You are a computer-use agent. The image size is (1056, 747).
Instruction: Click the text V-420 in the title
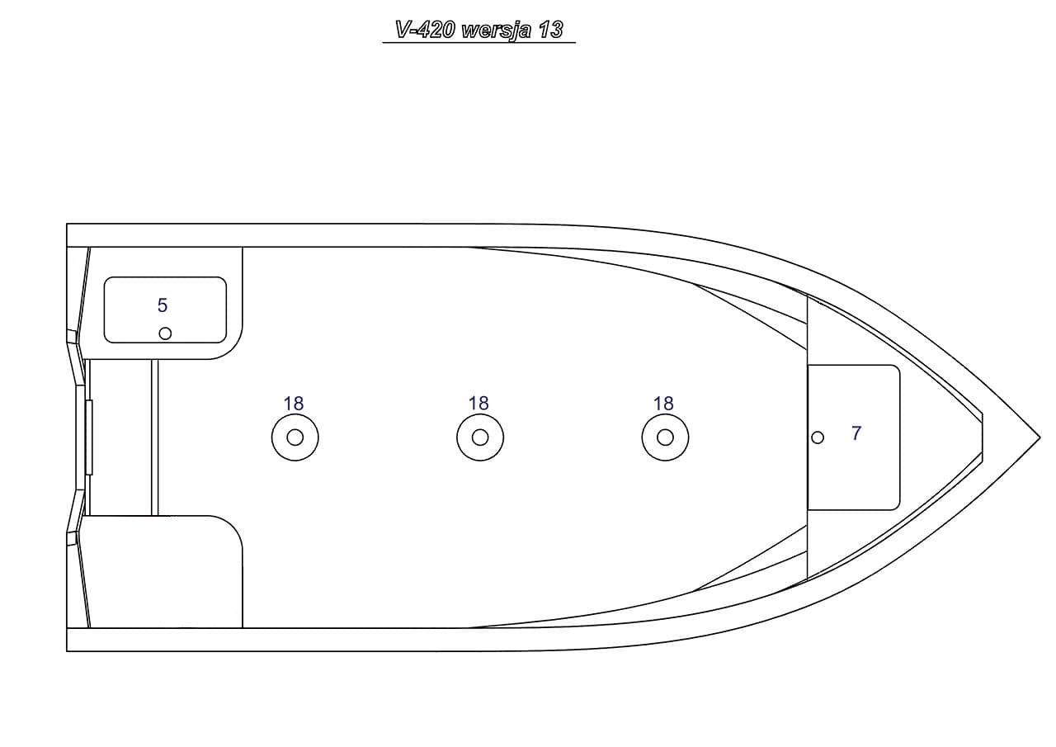[426, 31]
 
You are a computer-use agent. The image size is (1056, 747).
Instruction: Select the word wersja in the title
[496, 31]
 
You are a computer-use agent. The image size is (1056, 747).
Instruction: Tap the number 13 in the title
[550, 31]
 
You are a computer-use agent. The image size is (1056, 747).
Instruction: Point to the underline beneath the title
[478, 42]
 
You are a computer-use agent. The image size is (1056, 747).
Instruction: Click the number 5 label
[163, 305]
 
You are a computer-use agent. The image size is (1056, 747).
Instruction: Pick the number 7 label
[856, 433]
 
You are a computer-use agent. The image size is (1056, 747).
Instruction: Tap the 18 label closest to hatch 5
[294, 404]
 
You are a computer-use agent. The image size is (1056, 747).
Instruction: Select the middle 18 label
[478, 404]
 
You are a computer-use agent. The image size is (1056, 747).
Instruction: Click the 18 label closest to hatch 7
[663, 404]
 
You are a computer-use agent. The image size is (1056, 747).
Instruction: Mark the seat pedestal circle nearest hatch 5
[295, 437]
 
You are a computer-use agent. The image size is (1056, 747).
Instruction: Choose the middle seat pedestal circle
[479, 437]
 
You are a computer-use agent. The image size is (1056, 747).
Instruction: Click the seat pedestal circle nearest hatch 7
[665, 437]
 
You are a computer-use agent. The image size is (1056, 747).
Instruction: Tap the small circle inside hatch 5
[165, 333]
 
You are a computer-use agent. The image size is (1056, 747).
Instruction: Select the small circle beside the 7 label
[818, 437]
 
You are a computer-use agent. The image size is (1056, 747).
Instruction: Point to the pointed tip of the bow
[1038, 436]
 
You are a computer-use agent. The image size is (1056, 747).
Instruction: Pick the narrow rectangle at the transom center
[89, 437]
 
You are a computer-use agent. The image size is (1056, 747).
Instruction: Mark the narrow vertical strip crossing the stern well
[154, 437]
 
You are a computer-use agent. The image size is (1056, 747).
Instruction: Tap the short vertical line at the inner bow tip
[982, 436]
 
